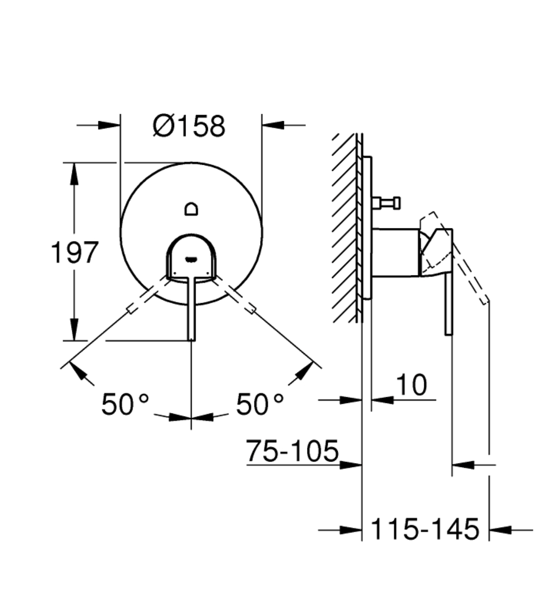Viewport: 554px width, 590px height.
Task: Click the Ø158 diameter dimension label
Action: coord(189,126)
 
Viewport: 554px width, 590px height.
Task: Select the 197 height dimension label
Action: coord(75,253)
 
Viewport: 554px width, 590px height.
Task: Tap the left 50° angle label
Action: coord(125,404)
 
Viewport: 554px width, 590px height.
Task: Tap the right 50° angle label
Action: coord(260,404)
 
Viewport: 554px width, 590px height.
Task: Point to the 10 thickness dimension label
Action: coord(411,384)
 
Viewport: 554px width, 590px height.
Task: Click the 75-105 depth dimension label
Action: coord(292,451)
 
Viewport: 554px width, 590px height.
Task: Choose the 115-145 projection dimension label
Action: coord(425,529)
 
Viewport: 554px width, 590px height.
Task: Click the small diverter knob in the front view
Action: coord(191,209)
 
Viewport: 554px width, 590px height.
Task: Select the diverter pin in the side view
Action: coord(386,203)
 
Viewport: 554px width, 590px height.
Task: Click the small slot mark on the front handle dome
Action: coord(191,259)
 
